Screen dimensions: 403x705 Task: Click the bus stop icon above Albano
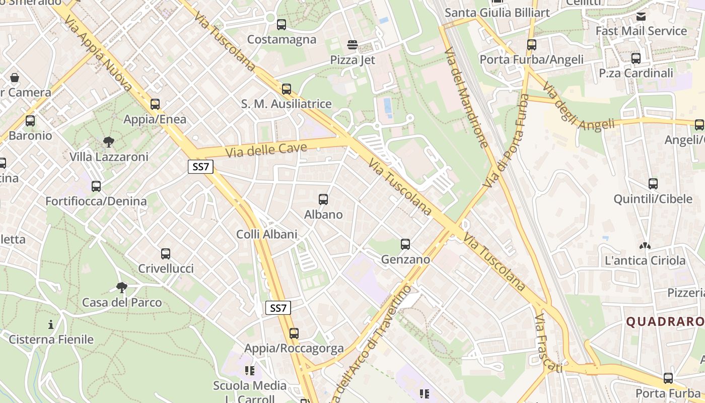tap(323, 199)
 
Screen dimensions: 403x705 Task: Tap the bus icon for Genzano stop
tap(405, 244)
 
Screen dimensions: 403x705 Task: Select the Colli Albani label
tap(267, 234)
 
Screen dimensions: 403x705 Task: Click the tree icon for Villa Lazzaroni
tap(109, 142)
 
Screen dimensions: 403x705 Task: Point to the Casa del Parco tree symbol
tap(121, 288)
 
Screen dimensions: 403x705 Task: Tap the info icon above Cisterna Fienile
tap(50, 324)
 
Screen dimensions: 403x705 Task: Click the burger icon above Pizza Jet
tap(352, 45)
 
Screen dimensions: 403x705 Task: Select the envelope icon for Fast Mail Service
tap(641, 17)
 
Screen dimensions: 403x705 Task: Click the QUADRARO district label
tap(665, 322)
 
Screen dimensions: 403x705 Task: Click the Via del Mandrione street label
tap(466, 98)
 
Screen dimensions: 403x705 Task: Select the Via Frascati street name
tap(548, 343)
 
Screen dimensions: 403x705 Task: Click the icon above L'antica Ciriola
tap(645, 246)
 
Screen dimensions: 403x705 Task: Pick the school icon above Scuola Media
tap(249, 371)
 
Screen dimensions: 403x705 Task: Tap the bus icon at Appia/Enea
tap(155, 104)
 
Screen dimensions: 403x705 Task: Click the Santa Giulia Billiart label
tap(497, 13)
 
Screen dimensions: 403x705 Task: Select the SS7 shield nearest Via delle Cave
tap(200, 167)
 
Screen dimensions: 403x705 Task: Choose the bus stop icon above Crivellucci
tap(166, 254)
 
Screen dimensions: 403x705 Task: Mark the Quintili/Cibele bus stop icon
tap(653, 184)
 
